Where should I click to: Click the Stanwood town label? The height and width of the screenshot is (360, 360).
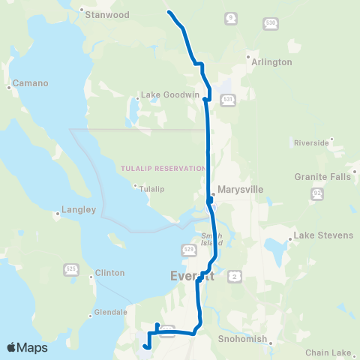click(108, 14)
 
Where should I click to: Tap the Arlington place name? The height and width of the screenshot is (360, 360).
click(272, 62)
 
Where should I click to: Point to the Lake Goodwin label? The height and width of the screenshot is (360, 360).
click(160, 95)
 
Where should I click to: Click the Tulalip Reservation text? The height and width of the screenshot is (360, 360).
click(163, 169)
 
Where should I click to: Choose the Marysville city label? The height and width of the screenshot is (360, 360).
click(239, 190)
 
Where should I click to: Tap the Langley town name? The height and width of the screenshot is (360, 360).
click(78, 211)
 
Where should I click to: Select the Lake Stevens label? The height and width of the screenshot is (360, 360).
click(322, 235)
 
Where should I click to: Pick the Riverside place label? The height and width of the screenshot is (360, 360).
click(312, 142)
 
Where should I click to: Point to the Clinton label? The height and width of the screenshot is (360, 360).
click(110, 273)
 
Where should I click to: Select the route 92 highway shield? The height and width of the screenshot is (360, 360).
click(318, 194)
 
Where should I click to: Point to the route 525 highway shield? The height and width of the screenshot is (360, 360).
click(72, 269)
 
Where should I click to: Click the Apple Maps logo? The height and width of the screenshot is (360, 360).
click(28, 347)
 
